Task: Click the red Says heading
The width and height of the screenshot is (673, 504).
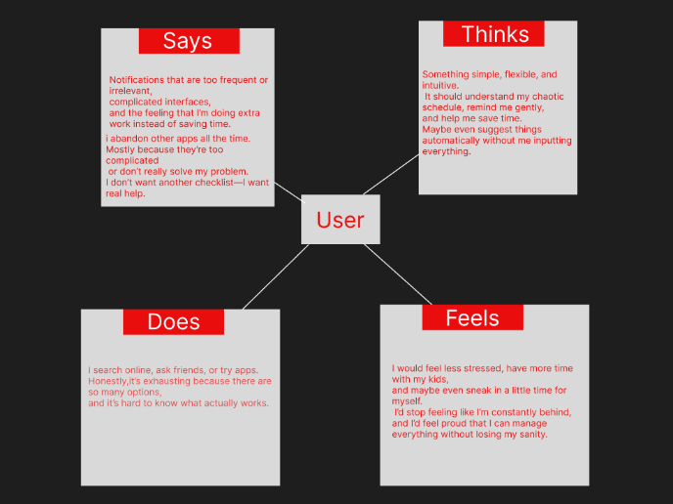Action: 188,41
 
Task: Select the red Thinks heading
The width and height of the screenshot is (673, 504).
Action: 494,34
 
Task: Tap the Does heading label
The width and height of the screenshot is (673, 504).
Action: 173,322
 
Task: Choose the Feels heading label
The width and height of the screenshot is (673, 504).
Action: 471,318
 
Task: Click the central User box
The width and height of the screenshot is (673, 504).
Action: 339,220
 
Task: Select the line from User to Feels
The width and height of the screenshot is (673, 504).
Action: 399,273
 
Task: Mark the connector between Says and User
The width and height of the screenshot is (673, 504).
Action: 290,192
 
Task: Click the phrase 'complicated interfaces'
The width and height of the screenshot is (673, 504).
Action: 159,102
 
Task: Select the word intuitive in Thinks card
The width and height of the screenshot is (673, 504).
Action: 440,86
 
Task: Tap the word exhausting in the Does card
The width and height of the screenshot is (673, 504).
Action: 191,381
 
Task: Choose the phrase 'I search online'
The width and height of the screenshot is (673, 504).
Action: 119,370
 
